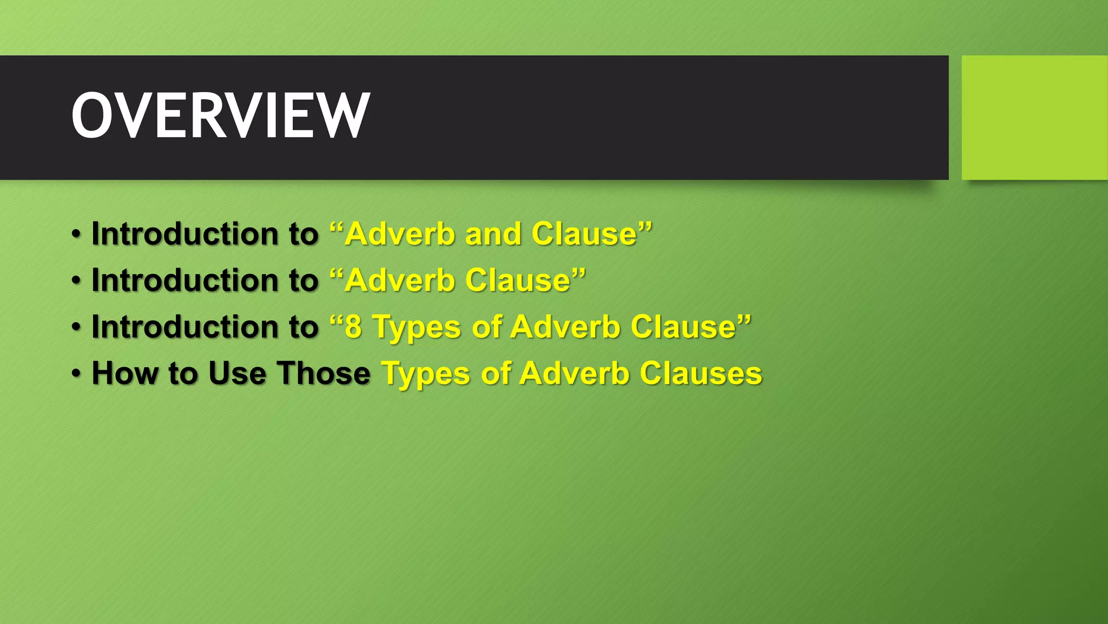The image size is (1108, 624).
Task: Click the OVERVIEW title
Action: click(x=221, y=115)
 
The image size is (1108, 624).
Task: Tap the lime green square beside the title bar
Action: click(x=1034, y=118)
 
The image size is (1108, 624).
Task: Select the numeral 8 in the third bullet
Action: click(x=353, y=327)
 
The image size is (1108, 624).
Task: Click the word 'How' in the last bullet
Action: click(x=124, y=374)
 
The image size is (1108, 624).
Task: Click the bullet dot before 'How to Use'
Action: click(x=77, y=374)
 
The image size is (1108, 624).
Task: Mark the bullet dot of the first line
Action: click(x=77, y=234)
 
